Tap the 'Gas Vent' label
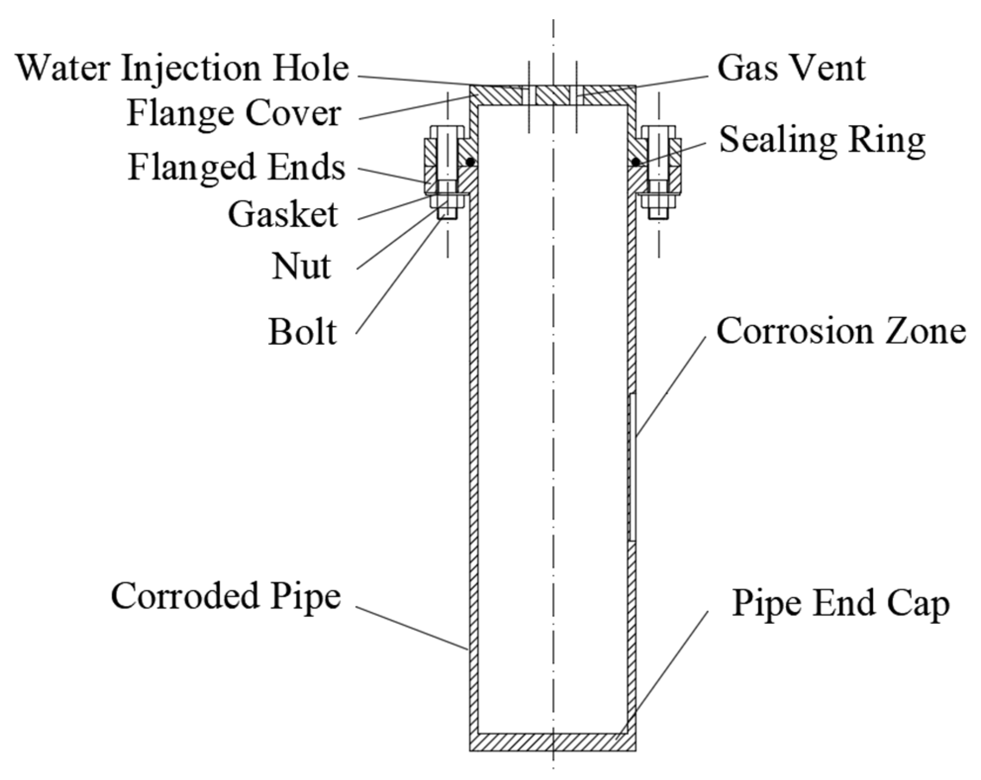tap(791, 68)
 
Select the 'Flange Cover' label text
tap(234, 113)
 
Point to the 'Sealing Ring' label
tap(822, 140)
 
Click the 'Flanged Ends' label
tap(236, 167)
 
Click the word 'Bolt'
tap(302, 331)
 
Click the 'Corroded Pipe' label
tap(226, 596)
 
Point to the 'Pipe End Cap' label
tap(841, 603)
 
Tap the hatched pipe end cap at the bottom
tap(553, 742)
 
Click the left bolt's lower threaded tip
tap(448, 214)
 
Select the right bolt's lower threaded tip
tap(658, 214)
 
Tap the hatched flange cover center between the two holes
tap(553, 95)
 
